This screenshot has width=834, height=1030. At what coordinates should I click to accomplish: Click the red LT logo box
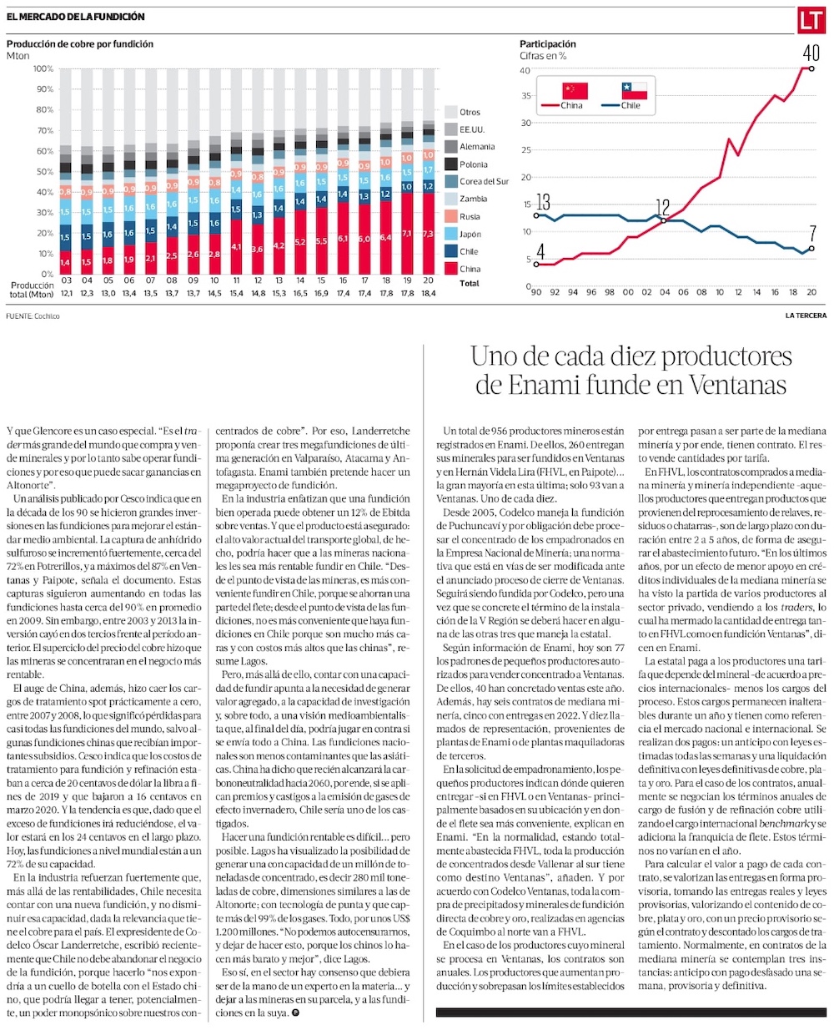tap(810, 20)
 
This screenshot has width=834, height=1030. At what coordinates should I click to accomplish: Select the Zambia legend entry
tap(473, 199)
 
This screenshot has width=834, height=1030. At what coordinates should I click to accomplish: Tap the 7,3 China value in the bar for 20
tap(429, 234)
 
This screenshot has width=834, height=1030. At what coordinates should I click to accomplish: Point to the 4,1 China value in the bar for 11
tap(236, 246)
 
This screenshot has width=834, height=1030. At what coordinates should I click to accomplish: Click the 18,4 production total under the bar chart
tap(429, 293)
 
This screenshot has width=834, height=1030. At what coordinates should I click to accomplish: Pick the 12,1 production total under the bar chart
tap(66, 293)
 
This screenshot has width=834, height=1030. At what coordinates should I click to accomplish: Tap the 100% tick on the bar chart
tap(43, 68)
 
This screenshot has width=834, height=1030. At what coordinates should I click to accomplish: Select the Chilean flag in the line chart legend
tap(635, 90)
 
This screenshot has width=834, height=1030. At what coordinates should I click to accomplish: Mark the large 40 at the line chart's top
tap(811, 53)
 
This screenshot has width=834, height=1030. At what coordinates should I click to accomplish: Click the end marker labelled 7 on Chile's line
tap(812, 249)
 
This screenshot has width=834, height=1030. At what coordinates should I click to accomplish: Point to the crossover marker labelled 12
tap(664, 220)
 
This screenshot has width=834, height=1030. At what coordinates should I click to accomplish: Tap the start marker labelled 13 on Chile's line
tap(535, 215)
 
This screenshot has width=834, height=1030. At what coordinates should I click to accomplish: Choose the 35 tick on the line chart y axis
tap(525, 96)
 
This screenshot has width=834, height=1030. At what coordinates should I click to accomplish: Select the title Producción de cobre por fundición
tap(80, 44)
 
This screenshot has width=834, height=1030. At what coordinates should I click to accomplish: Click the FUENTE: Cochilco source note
tap(28, 316)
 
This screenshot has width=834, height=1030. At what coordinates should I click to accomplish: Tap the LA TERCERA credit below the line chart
tap(806, 316)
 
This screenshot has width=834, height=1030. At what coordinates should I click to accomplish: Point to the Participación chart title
tap(548, 44)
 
